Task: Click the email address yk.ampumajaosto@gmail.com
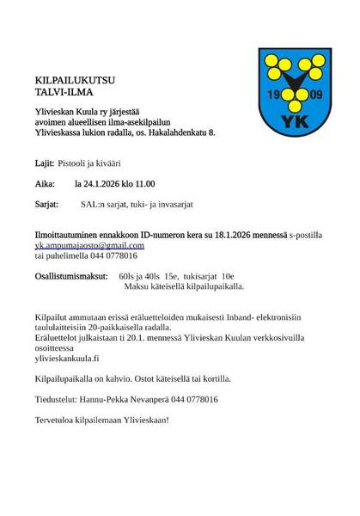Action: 83,245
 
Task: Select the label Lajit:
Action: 45,162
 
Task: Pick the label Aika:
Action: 46,184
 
